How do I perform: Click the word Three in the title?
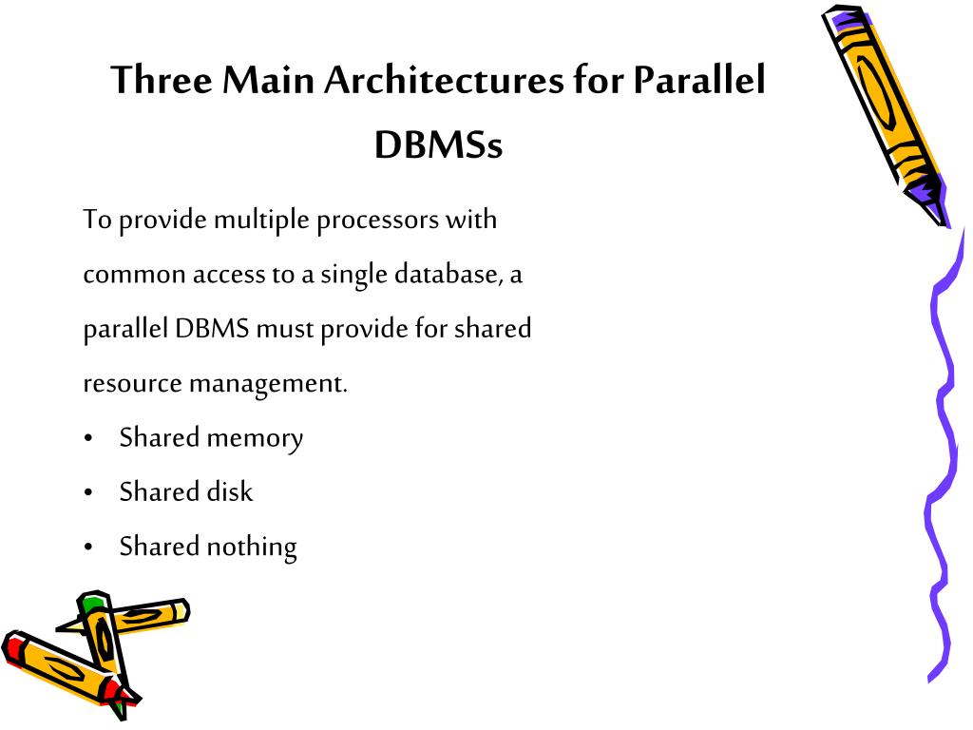[x=162, y=81]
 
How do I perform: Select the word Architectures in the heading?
[x=443, y=81]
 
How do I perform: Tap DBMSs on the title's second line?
[x=437, y=145]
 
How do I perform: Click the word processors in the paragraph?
[x=375, y=221]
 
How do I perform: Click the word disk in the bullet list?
[x=230, y=492]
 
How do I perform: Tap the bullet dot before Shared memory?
[x=88, y=439]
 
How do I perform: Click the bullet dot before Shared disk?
[x=88, y=493]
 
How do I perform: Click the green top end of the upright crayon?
[x=91, y=603]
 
